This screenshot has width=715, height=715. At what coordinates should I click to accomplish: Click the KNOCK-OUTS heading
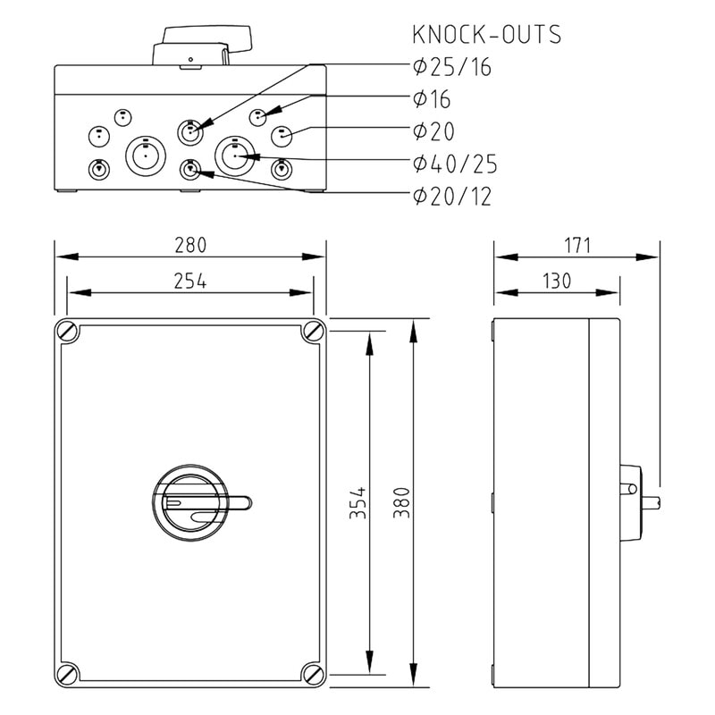coord(486,35)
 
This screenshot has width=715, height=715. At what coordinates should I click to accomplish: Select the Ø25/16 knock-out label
coord(452,67)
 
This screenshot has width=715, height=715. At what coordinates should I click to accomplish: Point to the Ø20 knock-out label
coord(433,132)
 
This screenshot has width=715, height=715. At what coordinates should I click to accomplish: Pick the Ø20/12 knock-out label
coord(452,197)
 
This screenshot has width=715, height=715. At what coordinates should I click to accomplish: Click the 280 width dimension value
coord(190,244)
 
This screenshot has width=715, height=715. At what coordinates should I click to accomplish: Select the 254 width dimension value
coord(190,281)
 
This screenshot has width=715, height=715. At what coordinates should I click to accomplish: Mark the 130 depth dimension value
coord(556,281)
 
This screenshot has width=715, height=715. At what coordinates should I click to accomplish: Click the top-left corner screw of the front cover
coord(68,331)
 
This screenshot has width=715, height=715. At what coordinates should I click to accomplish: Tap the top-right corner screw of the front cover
coord(312,331)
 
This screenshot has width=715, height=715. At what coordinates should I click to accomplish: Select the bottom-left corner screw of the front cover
coord(68,674)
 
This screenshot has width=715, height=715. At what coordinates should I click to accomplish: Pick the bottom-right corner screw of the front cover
coord(312,674)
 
